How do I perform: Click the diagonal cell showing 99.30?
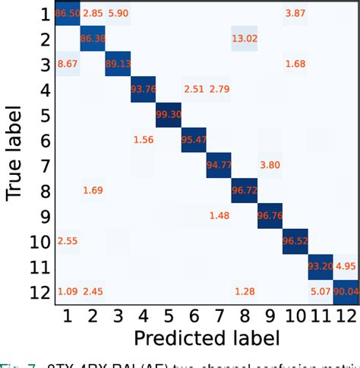tap(169, 114)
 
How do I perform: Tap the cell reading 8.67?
tap(68, 63)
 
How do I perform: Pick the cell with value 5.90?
tap(118, 14)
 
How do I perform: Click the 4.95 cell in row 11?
tap(346, 266)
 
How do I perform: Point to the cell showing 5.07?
tap(321, 291)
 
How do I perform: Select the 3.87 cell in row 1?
tap(295, 14)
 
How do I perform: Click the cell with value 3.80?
tap(270, 165)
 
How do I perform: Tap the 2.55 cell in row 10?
tap(68, 241)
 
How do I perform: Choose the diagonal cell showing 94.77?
tap(219, 165)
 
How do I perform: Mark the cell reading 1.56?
tap(144, 139)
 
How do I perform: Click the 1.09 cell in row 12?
tap(68, 291)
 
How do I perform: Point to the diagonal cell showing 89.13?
tap(118, 63)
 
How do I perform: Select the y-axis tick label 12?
tap(39, 292)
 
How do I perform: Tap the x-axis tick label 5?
tap(169, 315)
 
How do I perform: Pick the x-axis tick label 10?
tap(295, 315)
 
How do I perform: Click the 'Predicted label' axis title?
tap(207, 337)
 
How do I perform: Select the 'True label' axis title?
tap(15, 152)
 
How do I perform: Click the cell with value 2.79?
tap(219, 89)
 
